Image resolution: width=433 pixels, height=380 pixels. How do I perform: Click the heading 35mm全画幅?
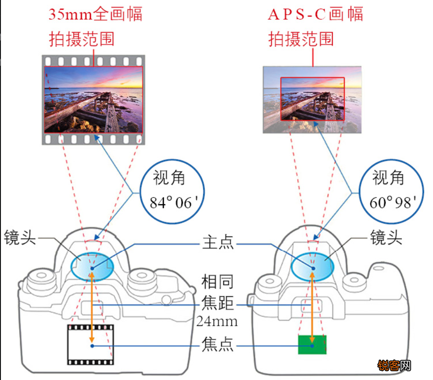[96, 14]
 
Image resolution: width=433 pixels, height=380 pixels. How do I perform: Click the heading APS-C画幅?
[315, 14]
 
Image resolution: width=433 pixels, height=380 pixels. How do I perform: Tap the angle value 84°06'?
[174, 202]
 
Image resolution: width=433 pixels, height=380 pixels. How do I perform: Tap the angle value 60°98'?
[393, 202]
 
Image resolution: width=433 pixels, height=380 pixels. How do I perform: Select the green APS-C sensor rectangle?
[312, 345]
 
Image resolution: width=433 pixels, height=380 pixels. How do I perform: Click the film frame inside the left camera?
[91, 345]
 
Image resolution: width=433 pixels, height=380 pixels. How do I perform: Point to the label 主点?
[218, 242]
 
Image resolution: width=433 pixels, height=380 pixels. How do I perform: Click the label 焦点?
[218, 345]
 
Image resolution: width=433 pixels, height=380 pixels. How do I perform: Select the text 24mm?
[217, 322]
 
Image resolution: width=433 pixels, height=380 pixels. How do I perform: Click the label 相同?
[218, 282]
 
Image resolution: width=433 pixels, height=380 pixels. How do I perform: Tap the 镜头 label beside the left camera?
[20, 237]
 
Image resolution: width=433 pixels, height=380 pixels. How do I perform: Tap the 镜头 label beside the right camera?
[386, 237]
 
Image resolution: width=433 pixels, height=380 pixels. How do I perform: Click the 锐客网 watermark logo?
[394, 366]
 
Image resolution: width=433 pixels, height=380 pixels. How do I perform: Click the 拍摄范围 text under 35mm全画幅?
[82, 39]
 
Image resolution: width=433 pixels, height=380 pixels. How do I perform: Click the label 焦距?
[218, 303]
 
